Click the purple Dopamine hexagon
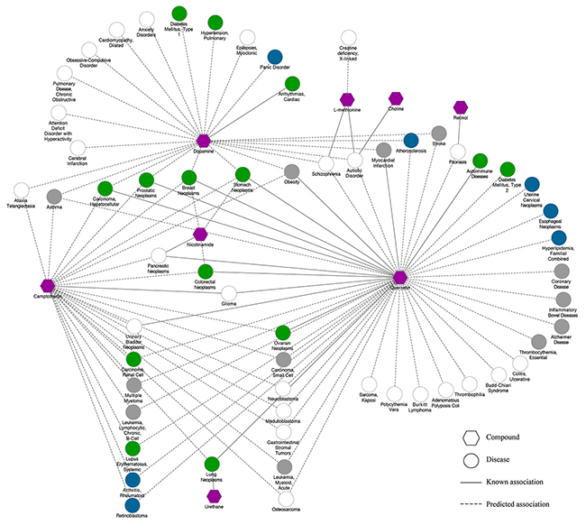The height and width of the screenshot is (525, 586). tap(204, 140)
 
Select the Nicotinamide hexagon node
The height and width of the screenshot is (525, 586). tap(200, 234)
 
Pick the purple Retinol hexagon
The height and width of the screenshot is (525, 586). tap(461, 107)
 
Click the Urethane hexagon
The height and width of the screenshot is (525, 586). tap(214, 496)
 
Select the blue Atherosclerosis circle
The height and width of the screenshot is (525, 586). tap(411, 140)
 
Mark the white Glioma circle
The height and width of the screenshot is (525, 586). tap(229, 293)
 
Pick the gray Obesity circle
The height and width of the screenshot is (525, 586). tap(291, 171)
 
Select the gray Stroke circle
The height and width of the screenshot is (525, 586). tap(438, 134)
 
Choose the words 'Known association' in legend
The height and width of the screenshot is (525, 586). tap(529, 483)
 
